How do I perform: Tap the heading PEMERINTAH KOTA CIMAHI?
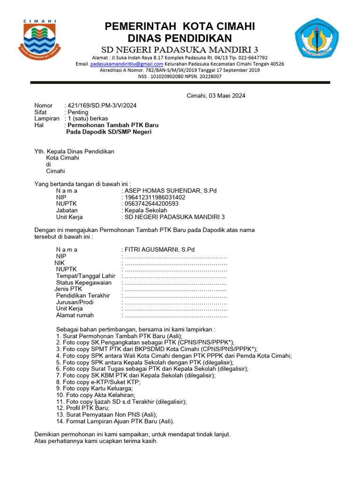[180, 26]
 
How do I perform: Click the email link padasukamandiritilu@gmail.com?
[127, 64]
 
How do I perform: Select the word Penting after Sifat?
[78, 112]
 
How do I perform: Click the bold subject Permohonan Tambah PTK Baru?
[113, 125]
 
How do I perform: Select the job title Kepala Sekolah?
[146, 210]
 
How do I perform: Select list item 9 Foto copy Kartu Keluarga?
[95, 388]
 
